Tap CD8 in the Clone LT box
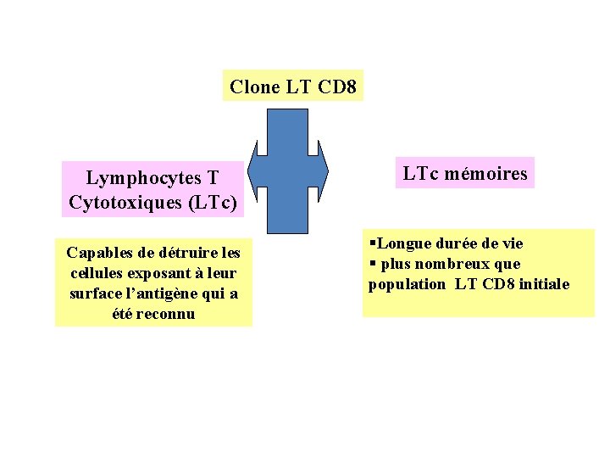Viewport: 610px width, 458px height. (338, 87)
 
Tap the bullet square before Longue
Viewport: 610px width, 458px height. (372, 243)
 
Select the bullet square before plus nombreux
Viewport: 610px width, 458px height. (372, 264)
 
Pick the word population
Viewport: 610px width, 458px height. (407, 284)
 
